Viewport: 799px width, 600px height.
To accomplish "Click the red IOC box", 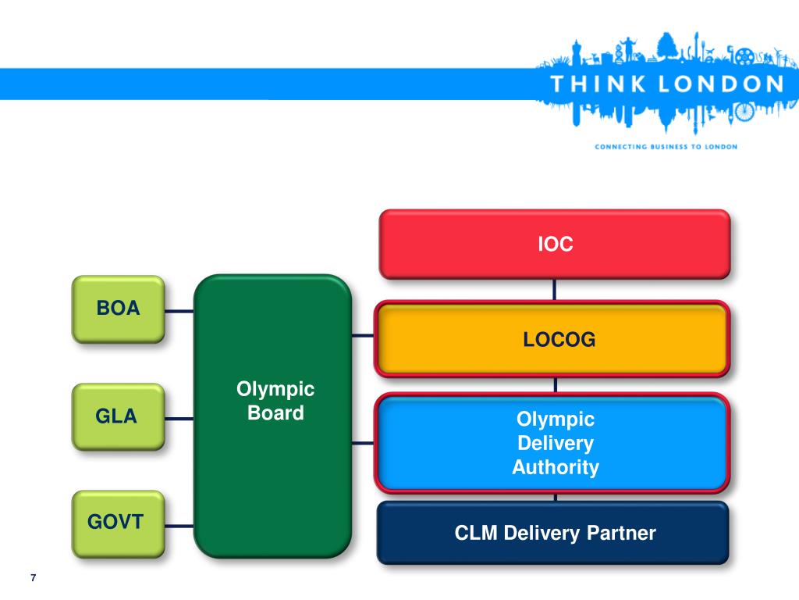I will (x=554, y=244).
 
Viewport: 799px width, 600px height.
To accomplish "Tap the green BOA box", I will (x=118, y=309).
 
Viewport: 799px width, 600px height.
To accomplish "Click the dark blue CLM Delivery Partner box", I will (x=554, y=533).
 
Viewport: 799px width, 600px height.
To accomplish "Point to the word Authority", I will (x=556, y=468).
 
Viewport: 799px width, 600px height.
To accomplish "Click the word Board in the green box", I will (x=275, y=412).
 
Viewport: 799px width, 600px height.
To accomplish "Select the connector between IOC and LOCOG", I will (x=555, y=290).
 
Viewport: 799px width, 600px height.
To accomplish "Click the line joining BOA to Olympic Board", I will (x=179, y=311).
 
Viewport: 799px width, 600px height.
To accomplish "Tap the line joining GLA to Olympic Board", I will (x=179, y=418).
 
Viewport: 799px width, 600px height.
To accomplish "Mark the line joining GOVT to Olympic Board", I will (x=179, y=523).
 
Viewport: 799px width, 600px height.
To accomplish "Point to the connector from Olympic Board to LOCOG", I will (x=363, y=336).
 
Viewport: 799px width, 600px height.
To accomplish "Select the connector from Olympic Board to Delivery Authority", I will (x=363, y=443).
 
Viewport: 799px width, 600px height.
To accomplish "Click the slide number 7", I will (x=33, y=578).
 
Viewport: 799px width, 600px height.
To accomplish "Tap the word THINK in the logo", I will (x=595, y=85).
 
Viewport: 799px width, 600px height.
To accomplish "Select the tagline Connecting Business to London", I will (x=666, y=146).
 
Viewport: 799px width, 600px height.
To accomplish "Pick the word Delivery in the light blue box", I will (x=556, y=444).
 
